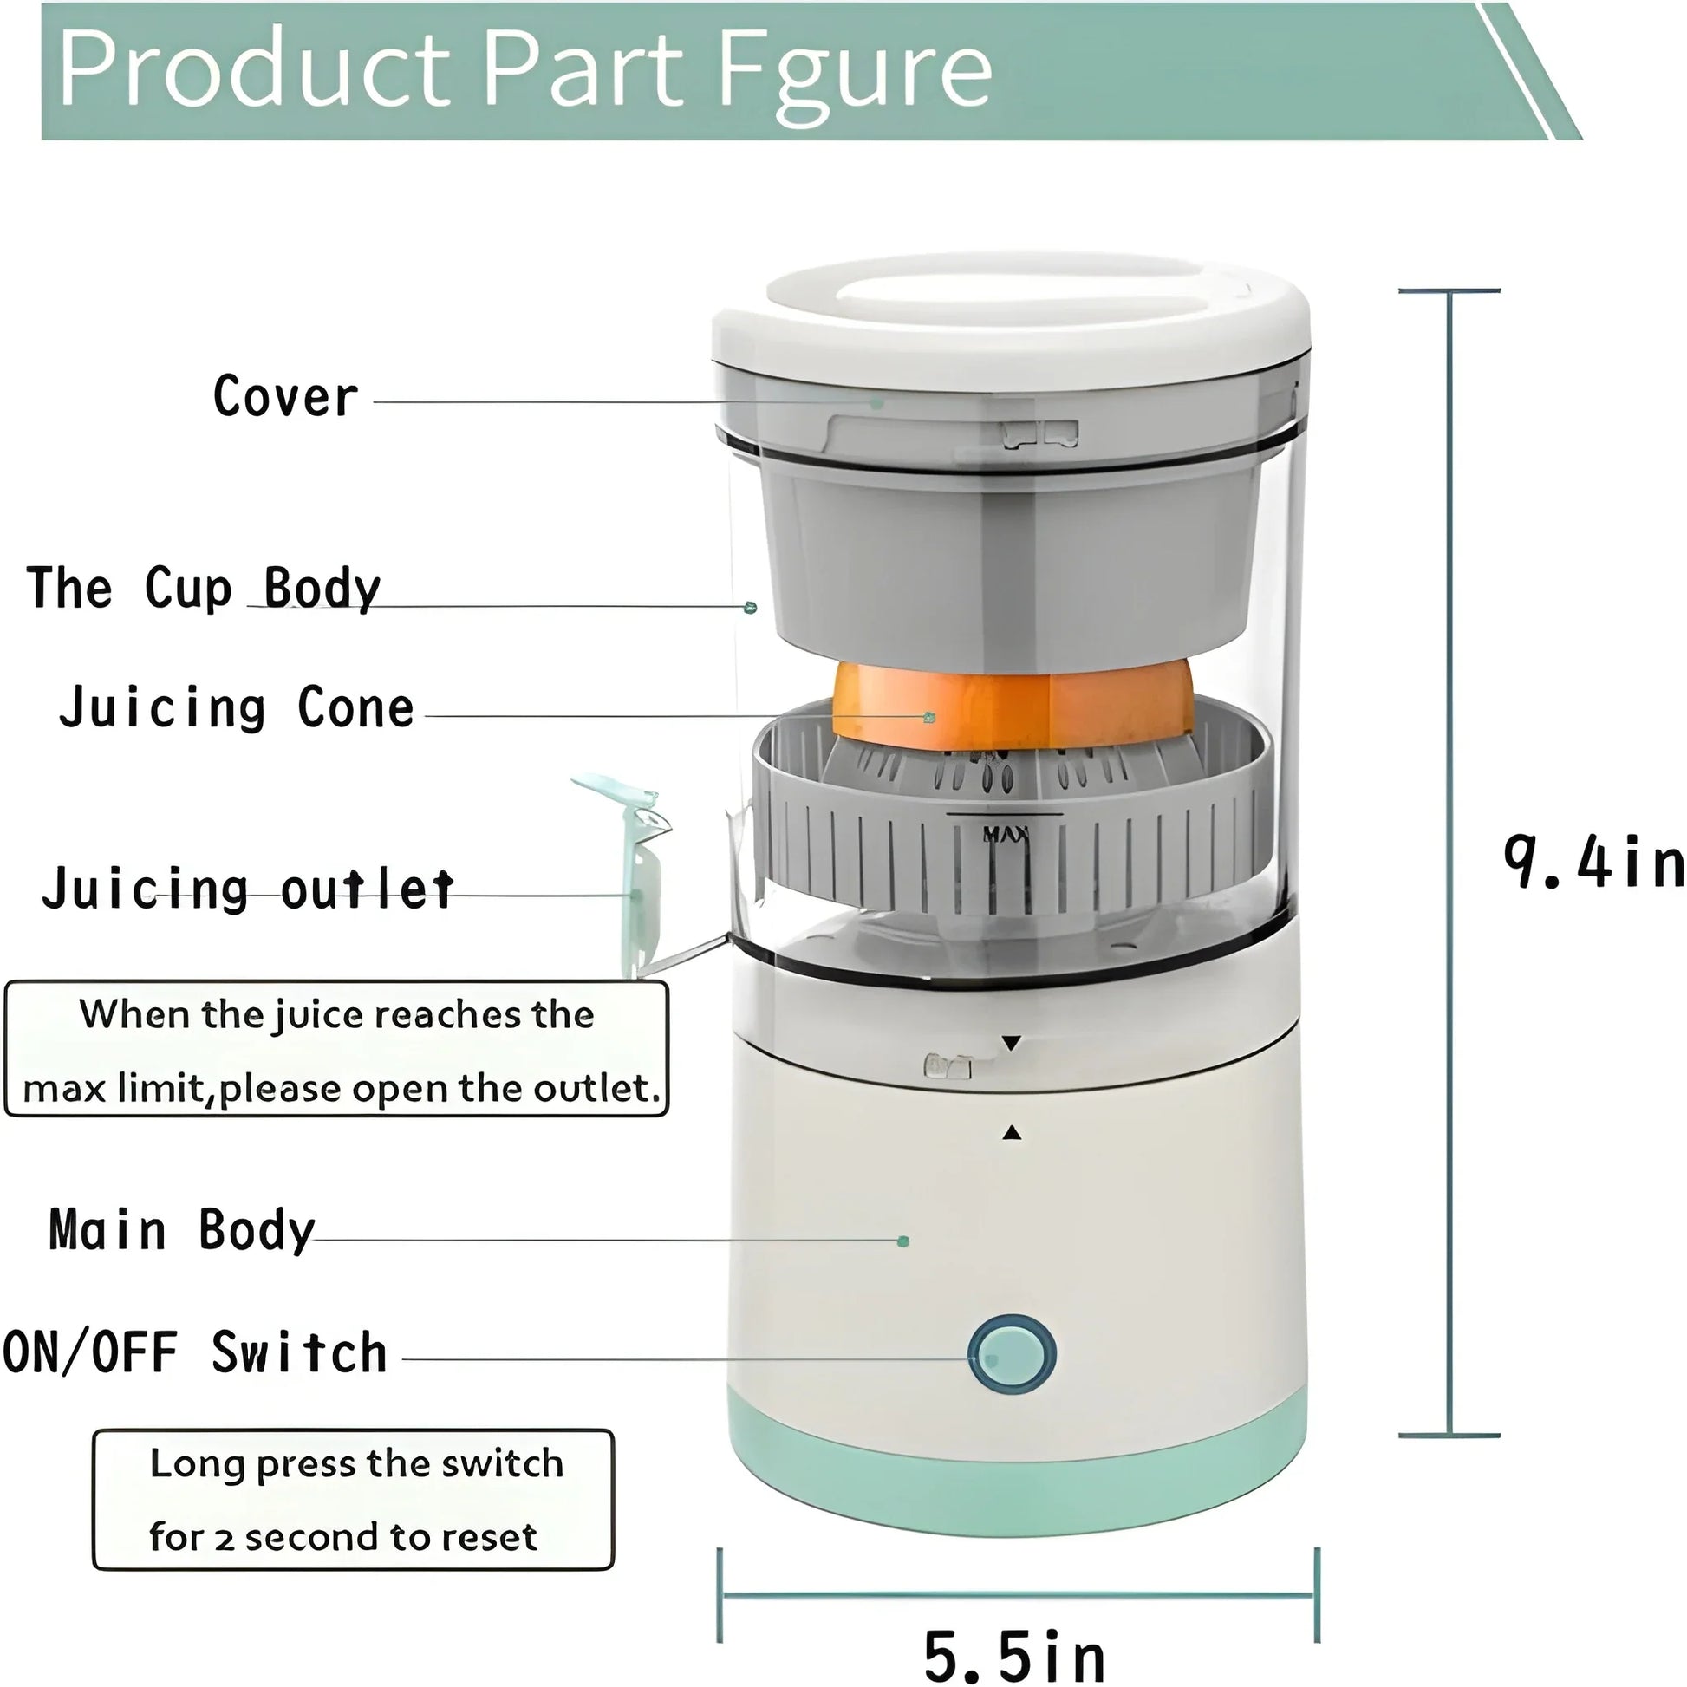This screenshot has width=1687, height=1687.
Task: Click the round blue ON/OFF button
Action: point(1012,1353)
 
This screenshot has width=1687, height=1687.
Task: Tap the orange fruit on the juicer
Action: point(1013,707)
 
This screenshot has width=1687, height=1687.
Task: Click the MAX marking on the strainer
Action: point(1006,835)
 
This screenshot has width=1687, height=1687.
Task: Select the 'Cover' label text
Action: point(285,397)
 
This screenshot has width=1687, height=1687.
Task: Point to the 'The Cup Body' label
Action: point(204,588)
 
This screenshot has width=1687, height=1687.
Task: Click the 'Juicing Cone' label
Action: point(237,707)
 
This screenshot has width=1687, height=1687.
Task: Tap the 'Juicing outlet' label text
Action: point(249,889)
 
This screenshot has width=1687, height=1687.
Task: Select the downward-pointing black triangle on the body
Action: point(1011,1044)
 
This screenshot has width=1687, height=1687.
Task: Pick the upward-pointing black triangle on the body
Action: point(1012,1133)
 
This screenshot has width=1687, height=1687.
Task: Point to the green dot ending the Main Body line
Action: point(903,1241)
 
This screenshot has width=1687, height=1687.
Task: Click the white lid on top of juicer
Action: point(1010,315)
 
